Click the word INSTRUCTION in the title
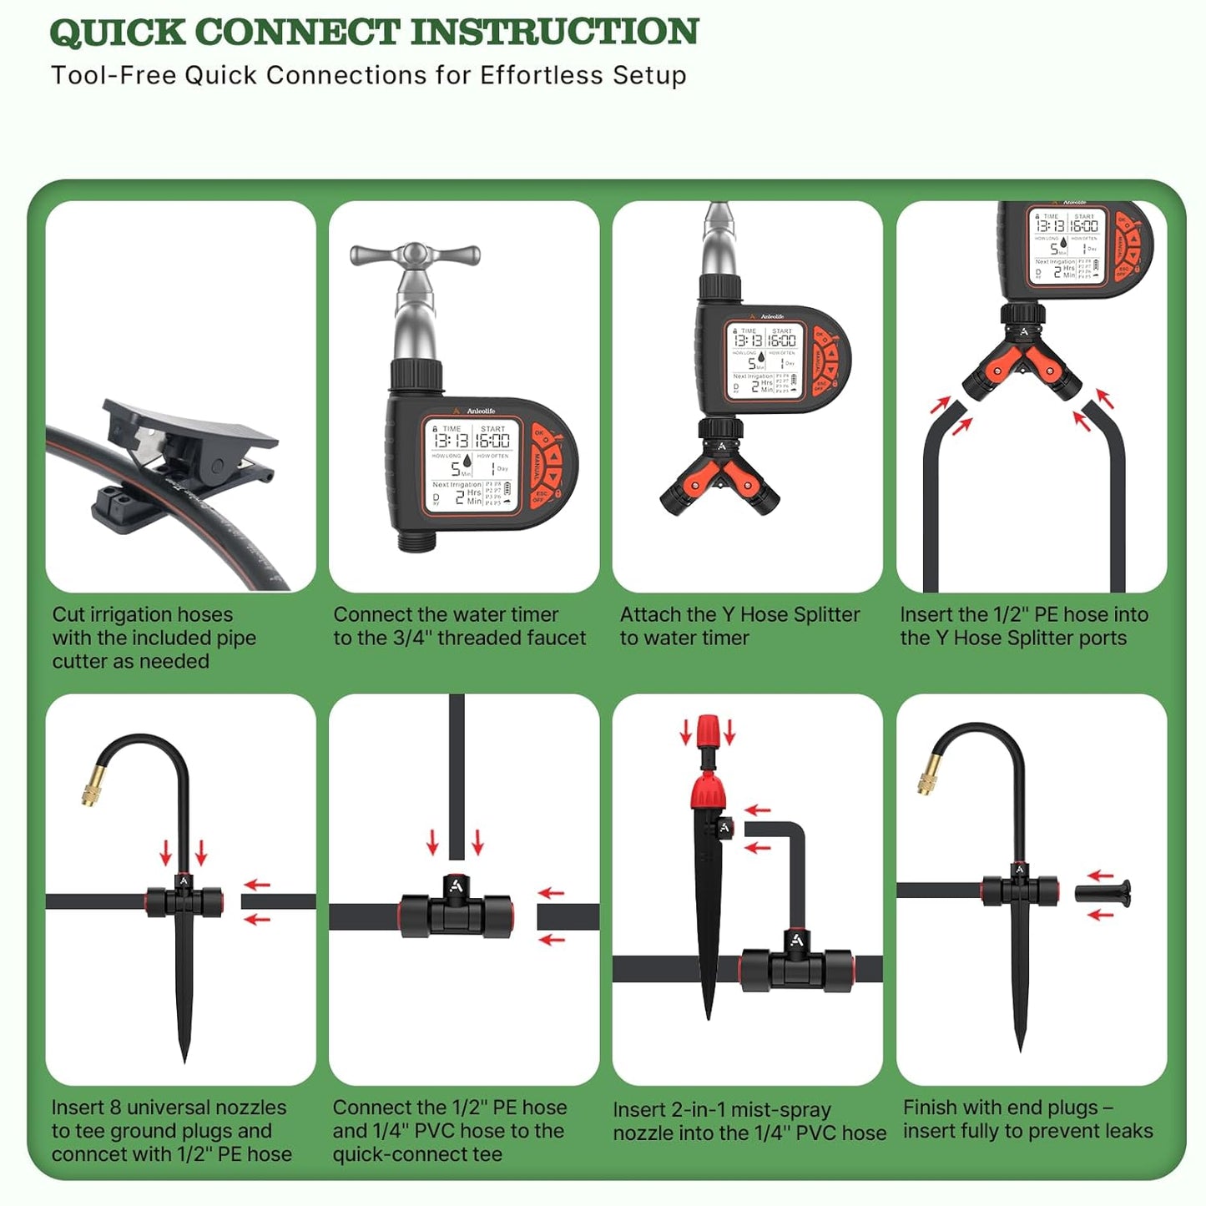[x=554, y=32]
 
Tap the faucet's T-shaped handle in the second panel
[x=415, y=255]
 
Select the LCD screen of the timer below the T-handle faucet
[x=472, y=465]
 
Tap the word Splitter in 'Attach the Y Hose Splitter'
[x=823, y=615]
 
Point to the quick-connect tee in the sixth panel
[x=456, y=911]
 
